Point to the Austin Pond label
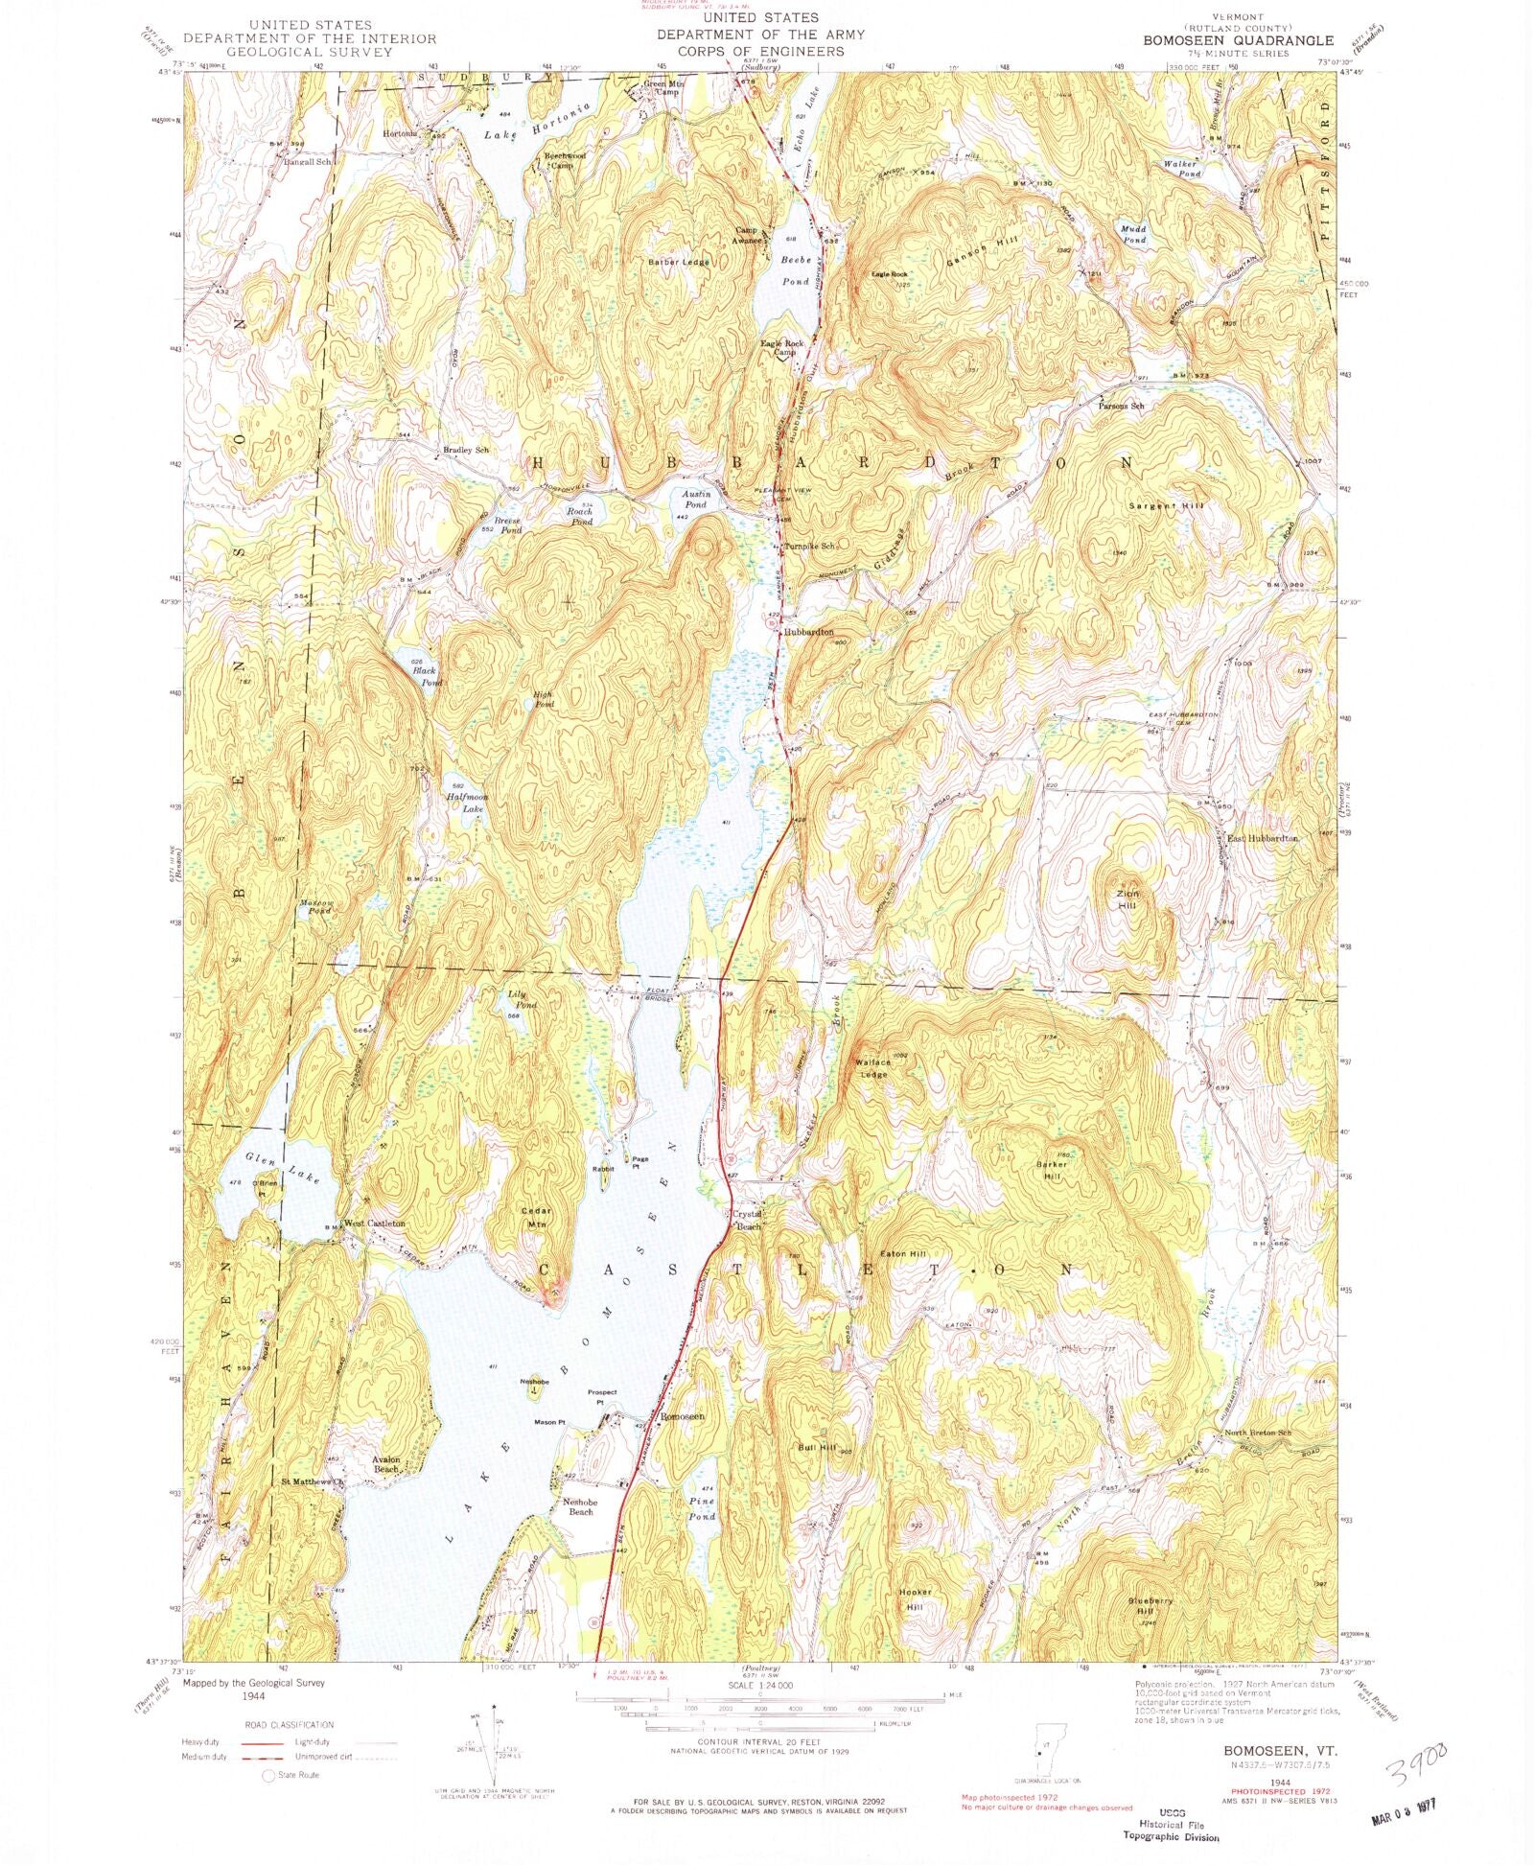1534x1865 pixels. tap(695, 499)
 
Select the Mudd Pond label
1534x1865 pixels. tap(1134, 234)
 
